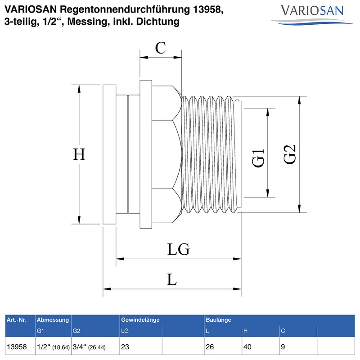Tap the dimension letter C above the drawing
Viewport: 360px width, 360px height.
click(160, 48)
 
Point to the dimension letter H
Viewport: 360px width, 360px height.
click(79, 154)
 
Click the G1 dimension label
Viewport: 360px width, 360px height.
click(258, 158)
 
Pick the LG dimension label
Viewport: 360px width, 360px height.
click(178, 249)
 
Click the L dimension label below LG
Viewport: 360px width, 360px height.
click(172, 279)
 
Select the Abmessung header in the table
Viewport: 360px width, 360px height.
click(53, 320)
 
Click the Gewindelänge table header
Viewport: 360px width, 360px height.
click(140, 320)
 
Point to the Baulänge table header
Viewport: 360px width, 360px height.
click(218, 320)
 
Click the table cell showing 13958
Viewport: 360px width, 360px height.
click(17, 347)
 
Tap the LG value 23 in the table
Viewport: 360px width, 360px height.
click(126, 347)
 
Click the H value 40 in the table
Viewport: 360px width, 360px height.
click(248, 347)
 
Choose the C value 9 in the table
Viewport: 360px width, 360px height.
click(283, 347)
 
